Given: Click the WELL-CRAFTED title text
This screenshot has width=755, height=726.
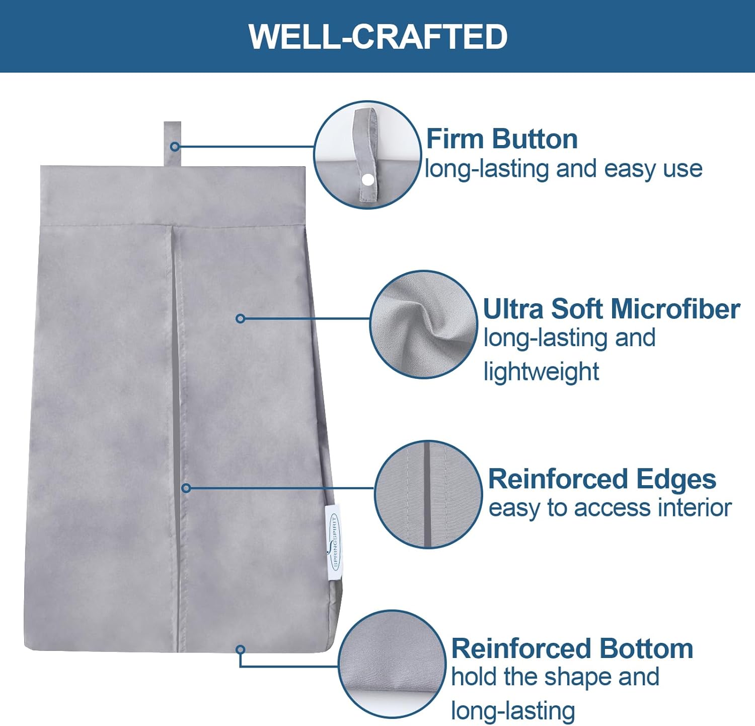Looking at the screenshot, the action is coord(378,36).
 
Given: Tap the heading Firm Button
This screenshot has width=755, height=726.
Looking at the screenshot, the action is coord(502,139).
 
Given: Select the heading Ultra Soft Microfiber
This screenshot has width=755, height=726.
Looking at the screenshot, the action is coord(612,308).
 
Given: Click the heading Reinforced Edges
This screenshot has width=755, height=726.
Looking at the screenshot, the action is coord(602,480).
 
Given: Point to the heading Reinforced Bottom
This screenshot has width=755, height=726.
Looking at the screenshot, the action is coord(572,648).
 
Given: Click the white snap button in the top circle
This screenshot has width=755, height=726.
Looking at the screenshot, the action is coord(368,179).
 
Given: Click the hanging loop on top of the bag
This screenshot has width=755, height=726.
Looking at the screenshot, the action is coord(172,144).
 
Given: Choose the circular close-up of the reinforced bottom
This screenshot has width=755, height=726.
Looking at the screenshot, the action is coord(392,664).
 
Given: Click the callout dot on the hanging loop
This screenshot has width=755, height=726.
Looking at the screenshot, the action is coord(175,147).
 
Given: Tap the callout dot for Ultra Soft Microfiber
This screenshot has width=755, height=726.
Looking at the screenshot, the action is coord(241,318).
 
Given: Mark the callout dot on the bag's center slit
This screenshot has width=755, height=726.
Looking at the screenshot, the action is coord(186,488).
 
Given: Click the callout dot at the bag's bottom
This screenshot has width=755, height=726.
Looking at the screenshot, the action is coord(241,649).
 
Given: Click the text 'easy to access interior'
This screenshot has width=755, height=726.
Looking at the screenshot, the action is coord(610,508).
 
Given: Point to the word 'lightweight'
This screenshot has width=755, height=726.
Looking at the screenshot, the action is coord(541,372).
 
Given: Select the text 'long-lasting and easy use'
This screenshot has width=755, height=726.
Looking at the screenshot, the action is coord(564,169).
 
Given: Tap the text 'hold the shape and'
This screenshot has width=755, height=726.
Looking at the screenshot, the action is coord(555,677).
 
